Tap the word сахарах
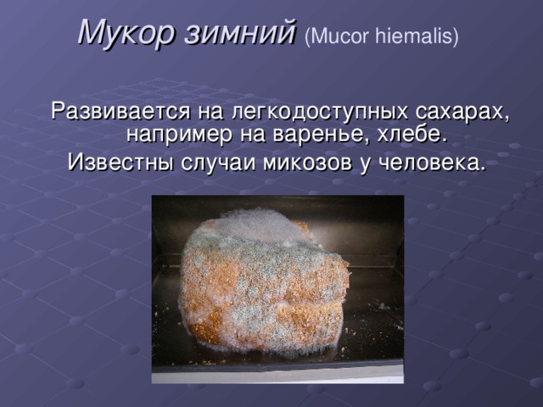point(462,112)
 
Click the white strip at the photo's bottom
point(277,372)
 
